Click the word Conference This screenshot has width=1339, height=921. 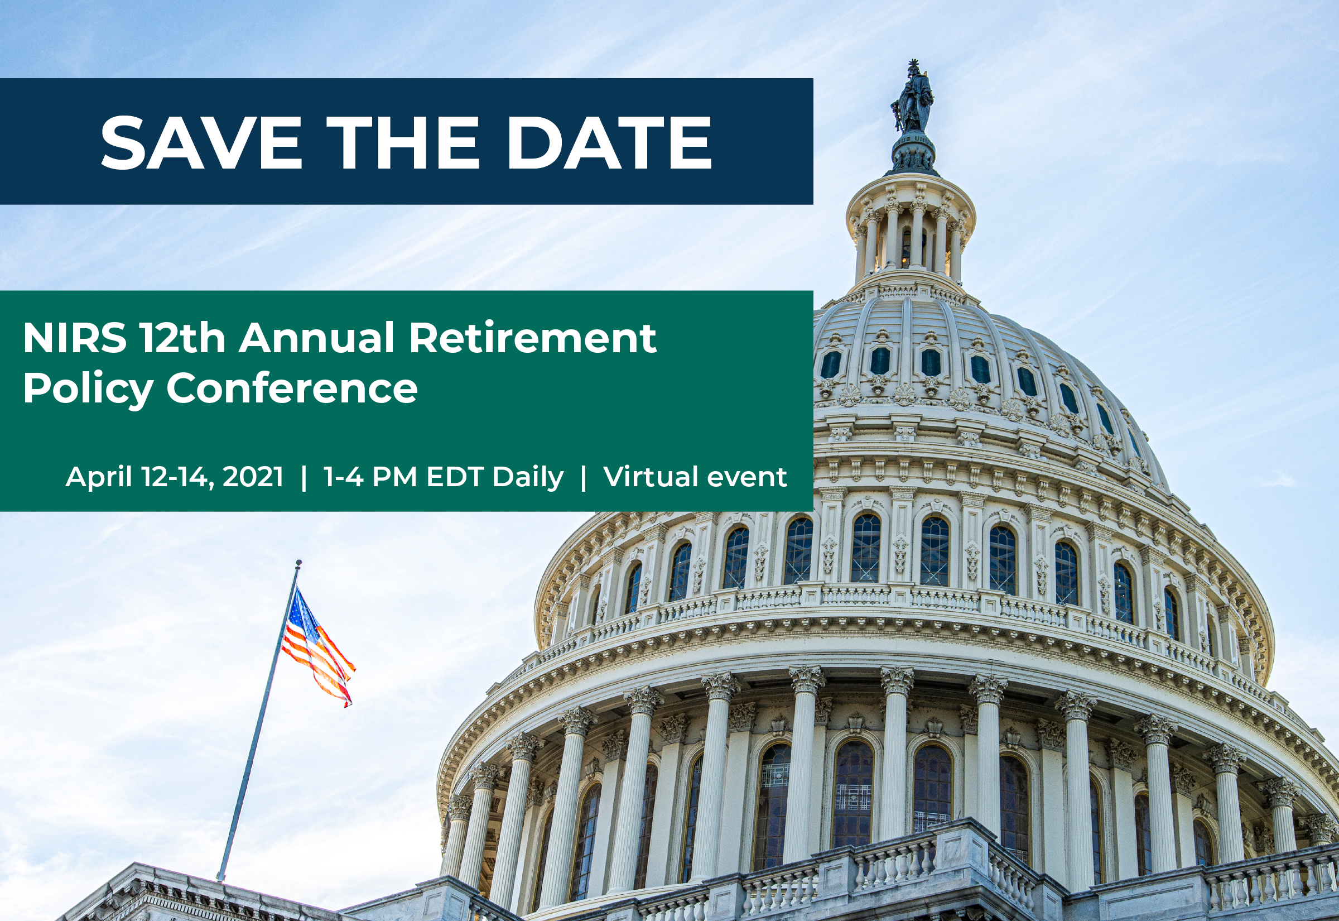click(x=292, y=388)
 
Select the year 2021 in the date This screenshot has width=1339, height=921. click(x=253, y=477)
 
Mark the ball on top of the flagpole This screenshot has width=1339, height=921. click(x=298, y=563)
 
